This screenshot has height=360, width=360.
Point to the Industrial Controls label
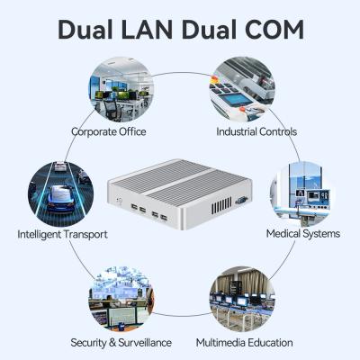[x=256, y=131]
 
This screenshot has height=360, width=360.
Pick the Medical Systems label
[x=302, y=234]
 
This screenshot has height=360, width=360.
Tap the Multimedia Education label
[x=244, y=343]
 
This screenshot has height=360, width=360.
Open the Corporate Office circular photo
[x=121, y=90]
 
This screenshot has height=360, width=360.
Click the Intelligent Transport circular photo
[x=58, y=192]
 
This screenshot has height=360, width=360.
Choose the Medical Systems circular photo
[x=303, y=192]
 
